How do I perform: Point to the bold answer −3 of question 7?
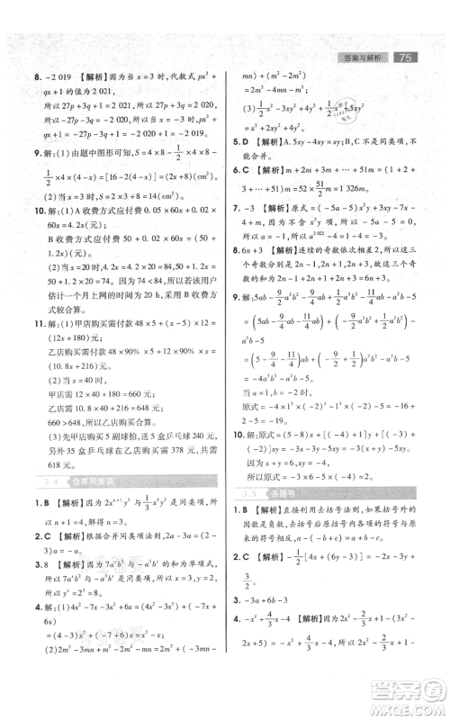click(x=254, y=234)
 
